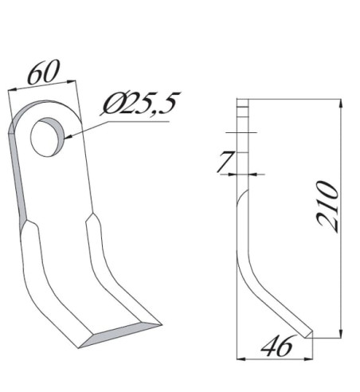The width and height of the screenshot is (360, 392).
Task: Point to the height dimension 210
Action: pyautogui.click(x=328, y=206)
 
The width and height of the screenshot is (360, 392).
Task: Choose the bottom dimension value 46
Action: pyautogui.click(x=276, y=347)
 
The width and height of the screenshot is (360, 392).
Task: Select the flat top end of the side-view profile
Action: pyautogui.click(x=243, y=99)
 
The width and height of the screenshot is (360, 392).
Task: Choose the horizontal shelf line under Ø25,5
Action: pyautogui.click(x=135, y=122)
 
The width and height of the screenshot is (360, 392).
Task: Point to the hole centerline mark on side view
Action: pyautogui.click(x=243, y=131)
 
